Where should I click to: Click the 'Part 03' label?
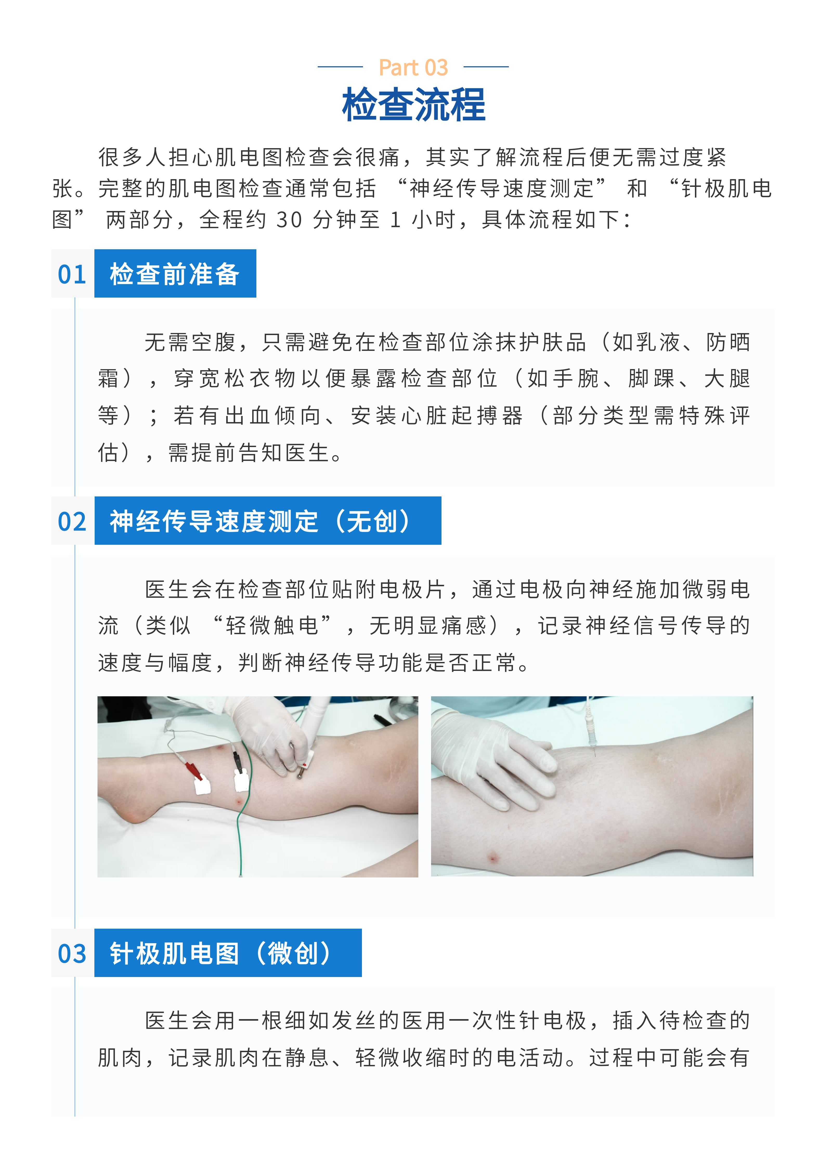(413, 68)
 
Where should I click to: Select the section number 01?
(72, 274)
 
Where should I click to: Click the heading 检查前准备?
(174, 274)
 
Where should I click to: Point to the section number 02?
(72, 521)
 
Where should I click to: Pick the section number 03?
(72, 954)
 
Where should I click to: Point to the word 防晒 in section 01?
(728, 342)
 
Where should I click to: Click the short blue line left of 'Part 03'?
(340, 67)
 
